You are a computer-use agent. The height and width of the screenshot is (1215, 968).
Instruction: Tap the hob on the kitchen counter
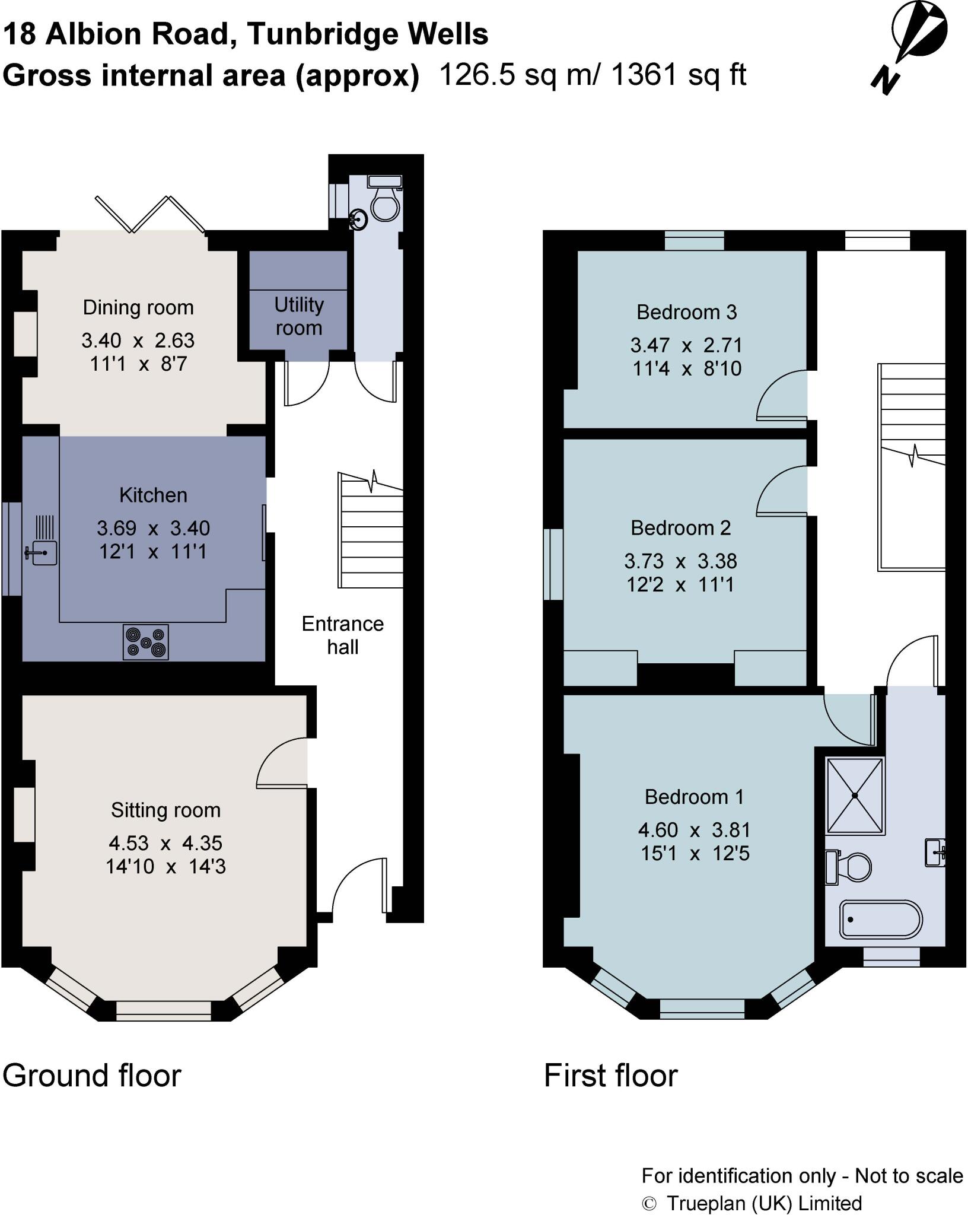point(146,642)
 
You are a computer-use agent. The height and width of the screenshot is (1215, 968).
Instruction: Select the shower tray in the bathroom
point(855,795)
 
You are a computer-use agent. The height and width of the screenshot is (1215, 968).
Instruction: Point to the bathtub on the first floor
point(880,920)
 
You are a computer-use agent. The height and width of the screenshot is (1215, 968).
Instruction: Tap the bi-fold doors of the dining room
point(151,214)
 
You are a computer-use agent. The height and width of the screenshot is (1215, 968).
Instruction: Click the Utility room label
point(298,316)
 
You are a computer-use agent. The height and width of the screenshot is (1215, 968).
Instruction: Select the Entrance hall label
point(342,635)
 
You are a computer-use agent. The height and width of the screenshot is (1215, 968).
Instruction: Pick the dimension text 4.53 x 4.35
point(165,842)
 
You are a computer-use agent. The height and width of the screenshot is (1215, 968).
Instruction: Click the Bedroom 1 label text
point(694,797)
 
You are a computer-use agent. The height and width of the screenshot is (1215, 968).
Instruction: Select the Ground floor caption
point(92,1076)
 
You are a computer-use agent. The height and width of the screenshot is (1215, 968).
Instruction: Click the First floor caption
point(610,1076)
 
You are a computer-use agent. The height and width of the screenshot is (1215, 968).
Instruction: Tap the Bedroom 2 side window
point(553,564)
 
